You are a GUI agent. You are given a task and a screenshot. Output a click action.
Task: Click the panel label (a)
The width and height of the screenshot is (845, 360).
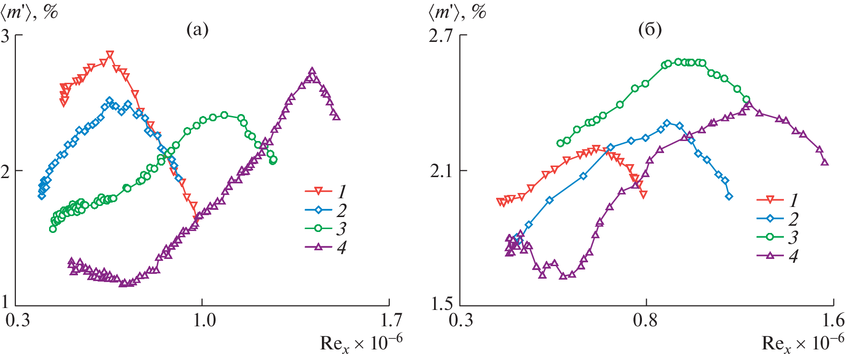tap(197, 30)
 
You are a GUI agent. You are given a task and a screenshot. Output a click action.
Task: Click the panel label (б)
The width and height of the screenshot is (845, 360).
tap(650, 30)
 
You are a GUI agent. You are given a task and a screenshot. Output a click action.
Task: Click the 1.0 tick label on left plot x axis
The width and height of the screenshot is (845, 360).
tap(205, 320)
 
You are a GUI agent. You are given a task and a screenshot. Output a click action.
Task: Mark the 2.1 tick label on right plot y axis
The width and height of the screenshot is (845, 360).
tap(442, 171)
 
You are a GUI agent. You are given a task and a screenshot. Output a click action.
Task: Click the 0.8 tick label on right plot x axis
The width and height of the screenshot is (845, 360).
tap(646, 320)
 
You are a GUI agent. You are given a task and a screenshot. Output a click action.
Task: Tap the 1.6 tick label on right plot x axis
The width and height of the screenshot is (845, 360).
tap(833, 320)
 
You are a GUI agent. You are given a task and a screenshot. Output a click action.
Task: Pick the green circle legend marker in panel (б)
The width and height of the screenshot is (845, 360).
tap(769, 237)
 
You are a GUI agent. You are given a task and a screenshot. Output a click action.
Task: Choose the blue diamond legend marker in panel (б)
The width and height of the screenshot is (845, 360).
tap(769, 219)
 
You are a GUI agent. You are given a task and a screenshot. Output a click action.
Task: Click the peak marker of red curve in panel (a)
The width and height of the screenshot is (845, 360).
tap(110, 54)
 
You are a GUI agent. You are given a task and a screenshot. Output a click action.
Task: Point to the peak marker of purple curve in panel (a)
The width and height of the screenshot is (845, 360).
tap(312, 71)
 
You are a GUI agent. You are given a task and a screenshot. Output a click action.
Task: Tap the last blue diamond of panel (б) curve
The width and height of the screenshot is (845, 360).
tap(729, 196)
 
